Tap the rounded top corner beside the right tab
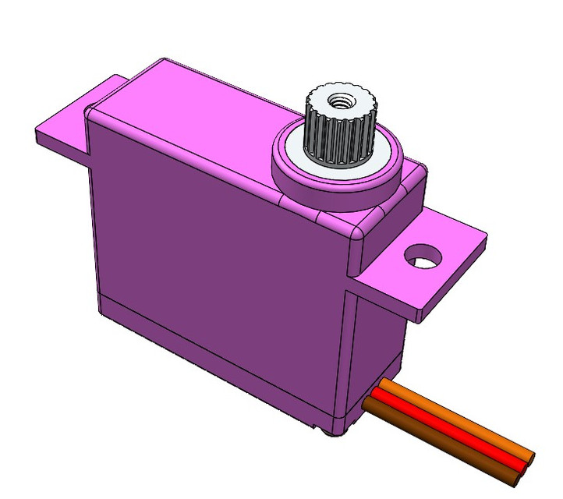coord(358,238)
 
